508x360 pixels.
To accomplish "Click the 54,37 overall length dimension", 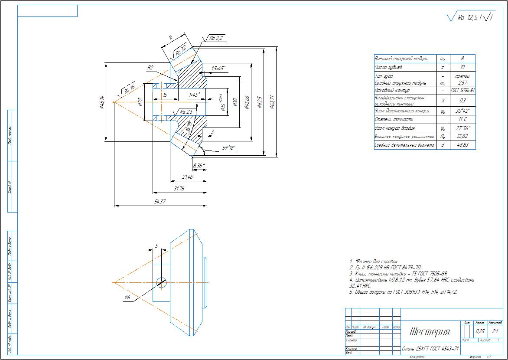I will (160, 202).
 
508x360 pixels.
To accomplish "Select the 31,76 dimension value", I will (179, 189).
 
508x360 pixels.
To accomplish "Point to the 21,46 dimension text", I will (188, 177).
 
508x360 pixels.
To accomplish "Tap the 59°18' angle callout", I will (228, 147).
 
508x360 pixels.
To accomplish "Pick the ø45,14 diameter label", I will (101, 102).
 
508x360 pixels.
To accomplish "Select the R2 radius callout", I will (150, 68).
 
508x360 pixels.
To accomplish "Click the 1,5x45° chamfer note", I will (218, 68).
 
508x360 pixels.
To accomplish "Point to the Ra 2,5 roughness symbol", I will (186, 112).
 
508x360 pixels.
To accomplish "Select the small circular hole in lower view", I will (161, 282).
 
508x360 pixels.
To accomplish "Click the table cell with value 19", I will (463, 67).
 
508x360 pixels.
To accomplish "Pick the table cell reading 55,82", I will (463, 137).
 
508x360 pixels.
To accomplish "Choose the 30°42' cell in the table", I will (463, 111).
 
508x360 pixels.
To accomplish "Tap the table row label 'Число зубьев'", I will (389, 67).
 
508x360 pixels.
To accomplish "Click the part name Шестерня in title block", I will (429, 332).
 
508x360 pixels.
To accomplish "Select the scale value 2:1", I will (495, 331).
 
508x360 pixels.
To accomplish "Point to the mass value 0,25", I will (480, 331).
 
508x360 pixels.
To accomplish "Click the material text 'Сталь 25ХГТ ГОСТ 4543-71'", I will (430, 348).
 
